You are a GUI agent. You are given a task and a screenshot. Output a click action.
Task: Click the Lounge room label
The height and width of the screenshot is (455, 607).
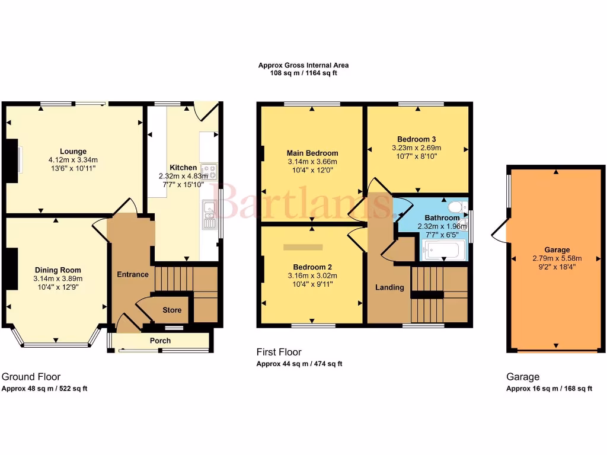(73, 151)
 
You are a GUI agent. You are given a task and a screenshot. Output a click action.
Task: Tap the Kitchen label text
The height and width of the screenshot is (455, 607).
(183, 167)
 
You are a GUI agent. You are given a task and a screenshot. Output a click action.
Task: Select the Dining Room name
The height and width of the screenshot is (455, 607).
(58, 270)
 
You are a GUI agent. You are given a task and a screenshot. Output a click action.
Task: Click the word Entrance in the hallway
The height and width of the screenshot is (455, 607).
(132, 274)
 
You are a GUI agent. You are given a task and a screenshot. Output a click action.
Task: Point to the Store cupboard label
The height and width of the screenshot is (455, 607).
(172, 310)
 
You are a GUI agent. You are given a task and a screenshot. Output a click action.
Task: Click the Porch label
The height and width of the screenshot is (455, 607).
(160, 341)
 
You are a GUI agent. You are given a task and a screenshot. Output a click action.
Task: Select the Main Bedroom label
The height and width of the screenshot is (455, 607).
(312, 153)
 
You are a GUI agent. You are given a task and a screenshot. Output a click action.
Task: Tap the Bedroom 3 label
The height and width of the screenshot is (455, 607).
(417, 139)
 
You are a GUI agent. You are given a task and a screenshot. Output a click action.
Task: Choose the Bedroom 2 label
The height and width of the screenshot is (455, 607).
(312, 267)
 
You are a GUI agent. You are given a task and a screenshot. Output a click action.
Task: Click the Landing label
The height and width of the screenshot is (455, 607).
(389, 287)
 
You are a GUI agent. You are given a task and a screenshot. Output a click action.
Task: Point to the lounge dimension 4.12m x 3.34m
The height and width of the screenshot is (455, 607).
(73, 160)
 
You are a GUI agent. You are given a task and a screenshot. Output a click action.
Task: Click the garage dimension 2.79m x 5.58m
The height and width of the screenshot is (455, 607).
(557, 258)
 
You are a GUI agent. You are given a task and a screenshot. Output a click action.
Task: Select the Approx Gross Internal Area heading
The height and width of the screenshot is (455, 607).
(303, 65)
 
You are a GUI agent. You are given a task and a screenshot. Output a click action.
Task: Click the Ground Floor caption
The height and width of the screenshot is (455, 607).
(31, 377)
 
